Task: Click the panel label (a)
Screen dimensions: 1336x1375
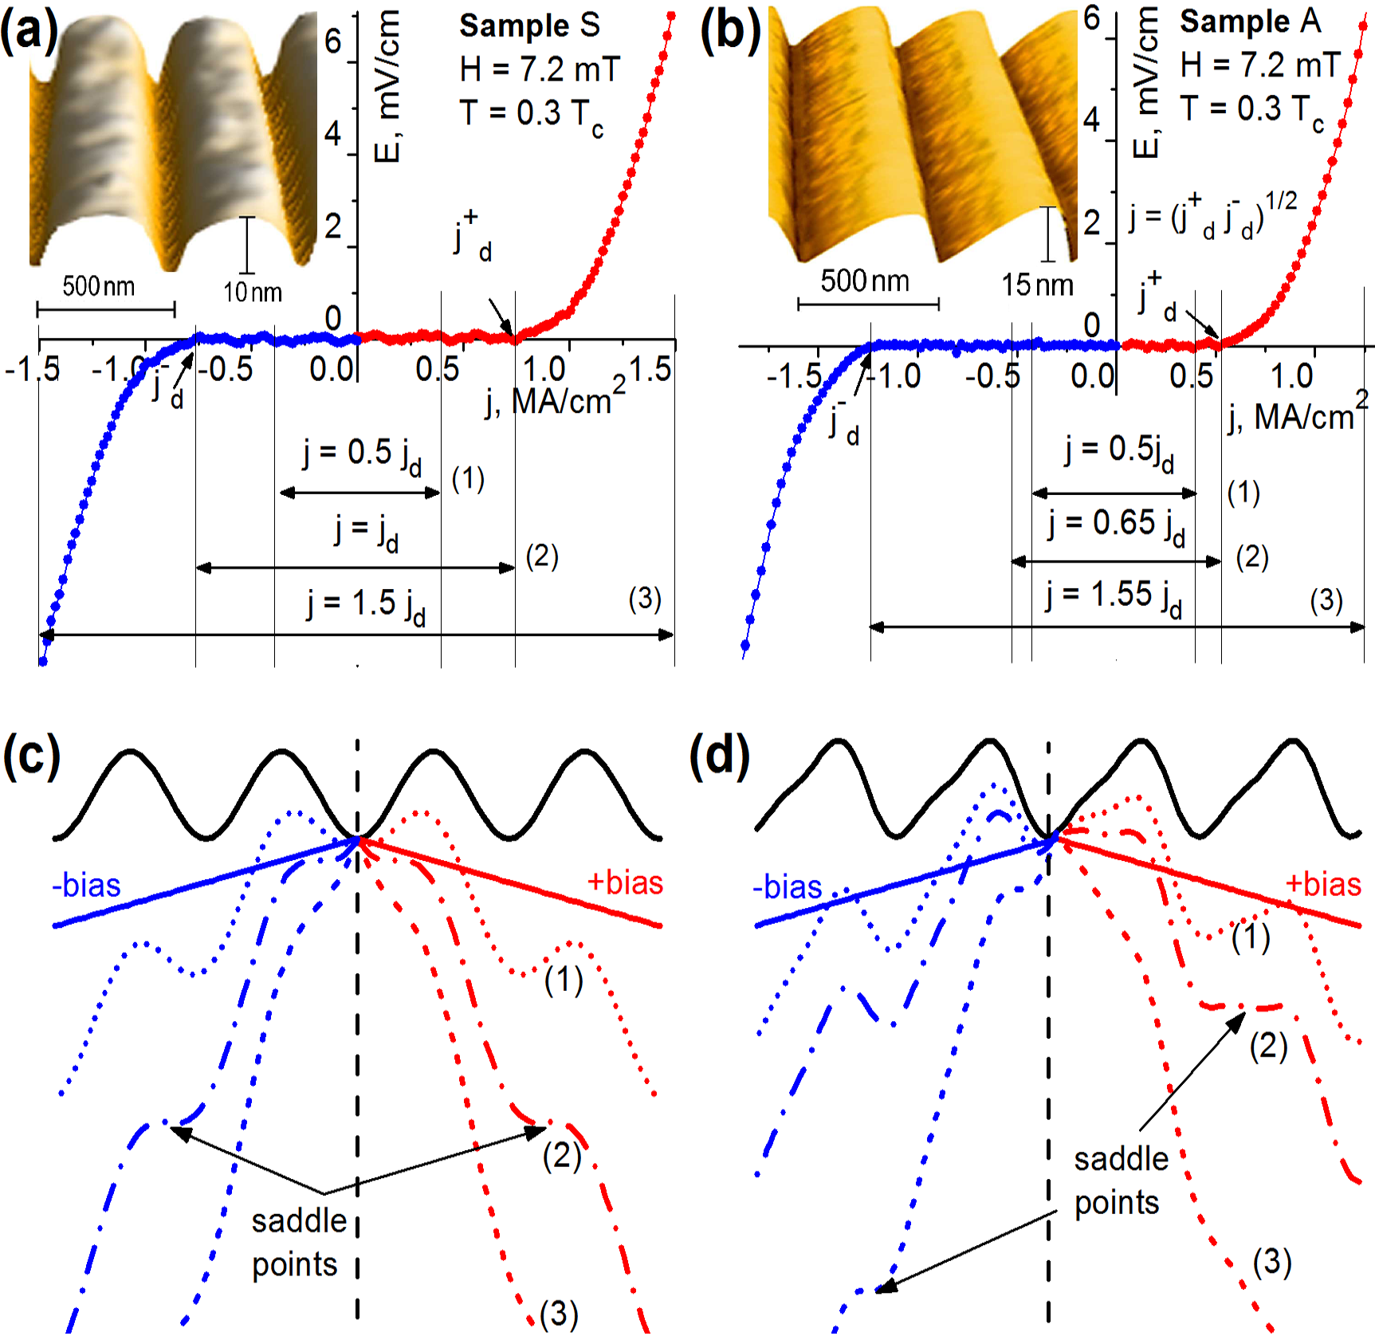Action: tap(29, 33)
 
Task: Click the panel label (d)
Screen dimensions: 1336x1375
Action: tap(720, 755)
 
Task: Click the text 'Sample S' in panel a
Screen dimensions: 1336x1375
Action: tap(529, 26)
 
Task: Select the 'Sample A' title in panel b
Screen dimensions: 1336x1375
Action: tap(1250, 22)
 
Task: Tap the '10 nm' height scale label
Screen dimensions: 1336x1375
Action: tap(253, 293)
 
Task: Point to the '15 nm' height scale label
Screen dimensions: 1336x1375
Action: tap(1037, 285)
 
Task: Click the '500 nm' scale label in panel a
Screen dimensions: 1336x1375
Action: tap(99, 285)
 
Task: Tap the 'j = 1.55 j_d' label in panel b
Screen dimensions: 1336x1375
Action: tap(1114, 597)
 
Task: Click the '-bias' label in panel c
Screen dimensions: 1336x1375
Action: tap(86, 886)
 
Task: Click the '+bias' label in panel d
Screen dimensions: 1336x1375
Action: tap(1323, 884)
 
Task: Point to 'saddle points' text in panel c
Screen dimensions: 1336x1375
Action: tap(299, 1243)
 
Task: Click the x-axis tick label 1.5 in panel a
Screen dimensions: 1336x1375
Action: tap(650, 370)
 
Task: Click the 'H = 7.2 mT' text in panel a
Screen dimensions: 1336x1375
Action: tap(540, 69)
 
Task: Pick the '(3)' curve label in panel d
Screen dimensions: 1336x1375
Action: tap(1271, 1262)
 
